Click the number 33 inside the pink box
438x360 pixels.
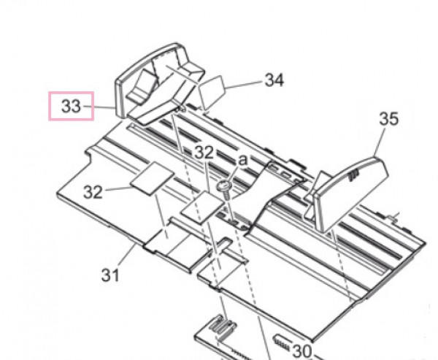pos(71,107)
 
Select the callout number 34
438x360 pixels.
pos(273,80)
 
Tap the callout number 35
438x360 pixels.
pos(389,119)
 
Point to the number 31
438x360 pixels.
pos(109,276)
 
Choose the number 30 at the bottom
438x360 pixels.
pos(301,351)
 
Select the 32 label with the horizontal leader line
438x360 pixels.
pos(93,192)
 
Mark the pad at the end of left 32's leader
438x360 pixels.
pos(153,179)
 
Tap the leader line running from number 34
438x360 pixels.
pos(245,85)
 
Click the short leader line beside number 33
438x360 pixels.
pos(90,107)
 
